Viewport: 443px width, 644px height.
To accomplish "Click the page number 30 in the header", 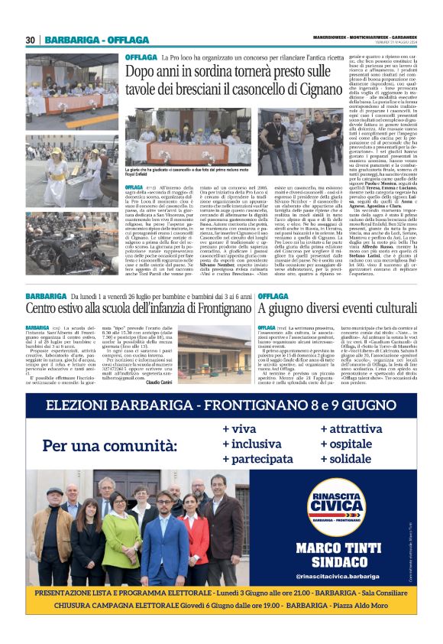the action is (x=31, y=40).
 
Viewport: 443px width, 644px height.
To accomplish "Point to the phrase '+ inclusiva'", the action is (x=251, y=444).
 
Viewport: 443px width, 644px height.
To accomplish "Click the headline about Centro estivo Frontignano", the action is (x=137, y=309).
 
